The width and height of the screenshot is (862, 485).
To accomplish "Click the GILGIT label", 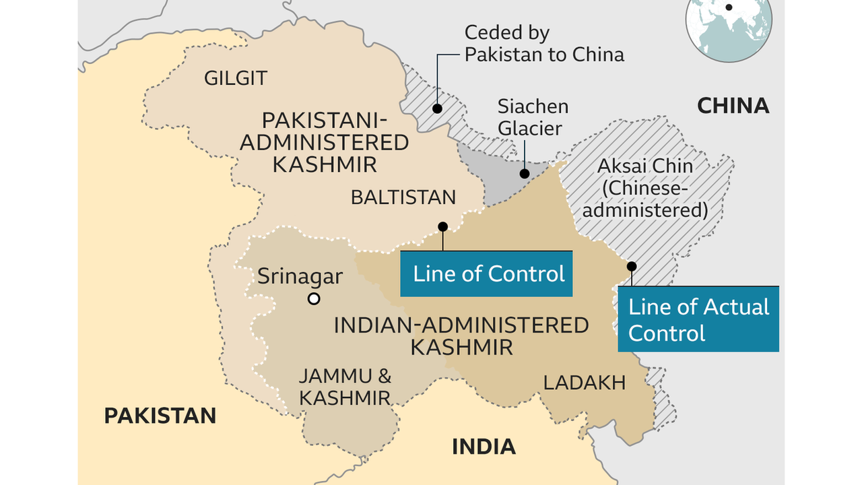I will point(235,78).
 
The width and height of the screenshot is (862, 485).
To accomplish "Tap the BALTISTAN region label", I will point(403,197).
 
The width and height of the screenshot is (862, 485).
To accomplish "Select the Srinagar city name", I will point(300,276).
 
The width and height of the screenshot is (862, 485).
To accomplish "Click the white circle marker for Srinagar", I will point(313,299).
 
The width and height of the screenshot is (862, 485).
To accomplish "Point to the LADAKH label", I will point(585,383).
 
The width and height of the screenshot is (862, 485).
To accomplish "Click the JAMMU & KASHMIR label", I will point(345,387).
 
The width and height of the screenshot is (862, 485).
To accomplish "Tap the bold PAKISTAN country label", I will point(160,416).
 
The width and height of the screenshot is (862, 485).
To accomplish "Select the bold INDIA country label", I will point(484,446).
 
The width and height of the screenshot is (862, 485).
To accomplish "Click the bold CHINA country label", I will point(733,106).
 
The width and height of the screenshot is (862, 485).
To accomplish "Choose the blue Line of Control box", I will point(486,273).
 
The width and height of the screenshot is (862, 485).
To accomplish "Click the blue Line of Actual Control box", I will point(698,319).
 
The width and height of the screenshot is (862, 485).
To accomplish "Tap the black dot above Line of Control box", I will point(442,227).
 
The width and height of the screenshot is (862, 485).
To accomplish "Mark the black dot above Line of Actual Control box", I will point(632,266).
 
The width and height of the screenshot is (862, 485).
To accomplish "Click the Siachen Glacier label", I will point(533,117).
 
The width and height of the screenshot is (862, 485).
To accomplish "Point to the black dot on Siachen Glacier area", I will point(525,173).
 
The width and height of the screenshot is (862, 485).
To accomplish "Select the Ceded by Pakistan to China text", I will point(544,44).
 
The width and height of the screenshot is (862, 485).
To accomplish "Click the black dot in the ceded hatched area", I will point(437,108).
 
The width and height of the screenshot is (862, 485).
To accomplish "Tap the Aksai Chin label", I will point(644,187).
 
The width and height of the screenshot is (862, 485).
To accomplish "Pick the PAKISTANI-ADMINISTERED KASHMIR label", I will point(324,142).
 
